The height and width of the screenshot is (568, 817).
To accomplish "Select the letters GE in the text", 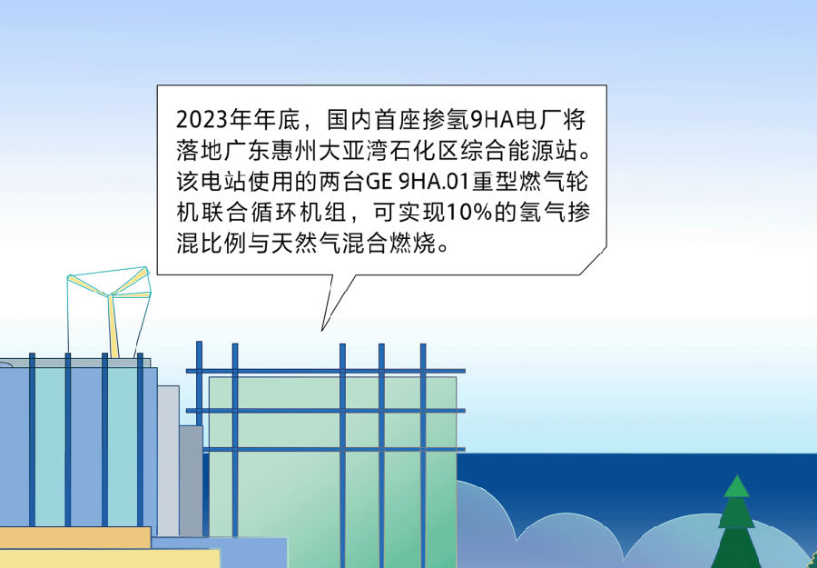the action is click(378, 183).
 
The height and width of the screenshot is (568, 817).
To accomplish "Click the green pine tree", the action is click(736, 524).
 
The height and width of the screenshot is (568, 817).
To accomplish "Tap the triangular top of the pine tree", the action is click(736, 486).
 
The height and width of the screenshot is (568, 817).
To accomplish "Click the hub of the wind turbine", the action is click(109, 295).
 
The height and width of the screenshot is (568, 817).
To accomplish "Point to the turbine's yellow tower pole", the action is click(113, 327).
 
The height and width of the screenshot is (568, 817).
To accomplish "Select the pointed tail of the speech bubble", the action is click(322, 329).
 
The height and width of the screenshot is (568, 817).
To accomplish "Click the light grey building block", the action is click(168, 461).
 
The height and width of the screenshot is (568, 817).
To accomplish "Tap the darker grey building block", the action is click(192, 481).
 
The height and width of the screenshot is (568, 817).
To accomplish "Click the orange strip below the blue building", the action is click(75, 538).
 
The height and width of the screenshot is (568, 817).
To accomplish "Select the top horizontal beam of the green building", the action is click(326, 371).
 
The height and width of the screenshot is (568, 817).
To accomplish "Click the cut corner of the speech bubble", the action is click(594, 262).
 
